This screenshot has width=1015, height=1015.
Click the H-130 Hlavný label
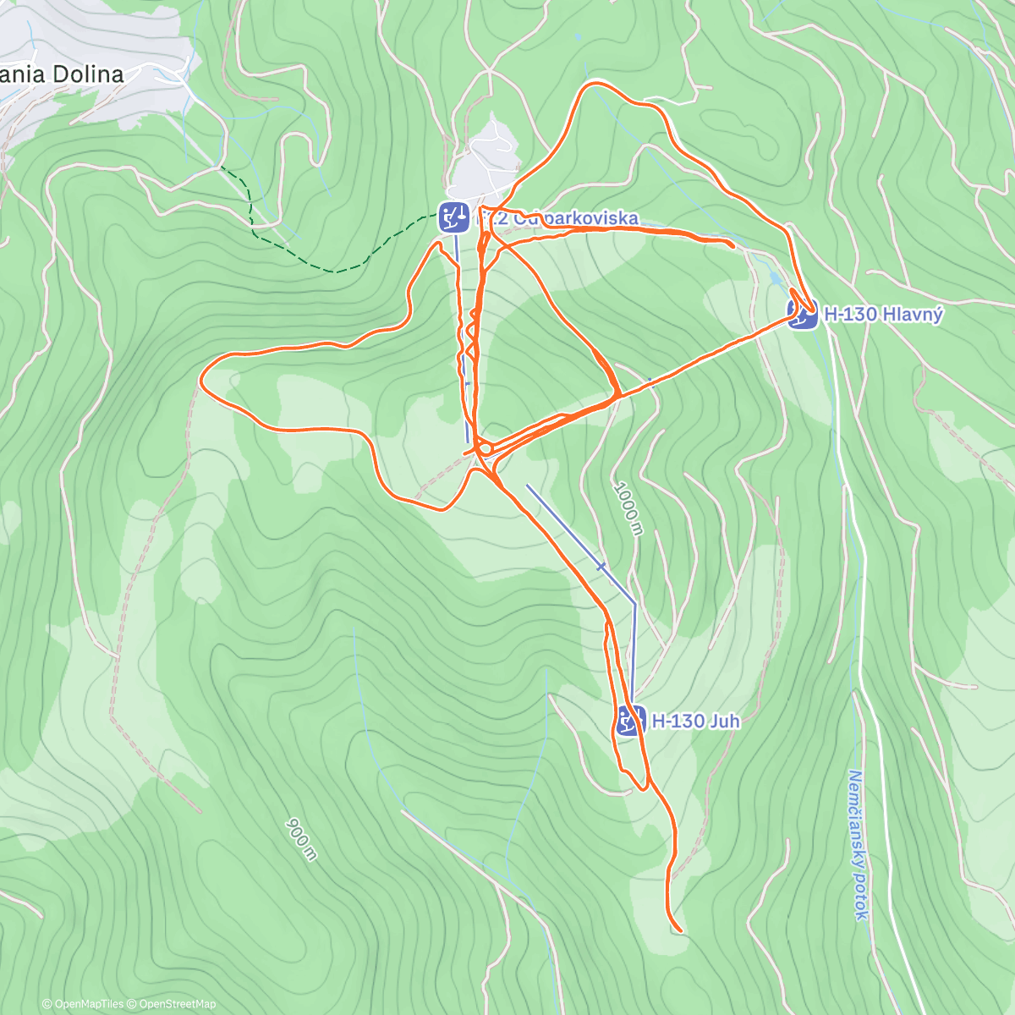[883, 315]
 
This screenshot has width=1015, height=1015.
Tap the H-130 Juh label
[696, 721]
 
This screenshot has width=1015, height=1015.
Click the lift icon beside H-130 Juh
[628, 721]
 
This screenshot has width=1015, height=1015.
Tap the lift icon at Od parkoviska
[453, 217]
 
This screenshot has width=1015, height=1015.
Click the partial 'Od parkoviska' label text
[567, 219]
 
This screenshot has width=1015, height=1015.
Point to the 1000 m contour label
[628, 507]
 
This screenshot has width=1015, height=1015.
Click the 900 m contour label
[301, 839]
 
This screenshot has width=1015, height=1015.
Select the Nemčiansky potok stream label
[856, 844]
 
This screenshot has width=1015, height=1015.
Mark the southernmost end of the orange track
[680, 931]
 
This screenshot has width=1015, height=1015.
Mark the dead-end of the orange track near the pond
[732, 244]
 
